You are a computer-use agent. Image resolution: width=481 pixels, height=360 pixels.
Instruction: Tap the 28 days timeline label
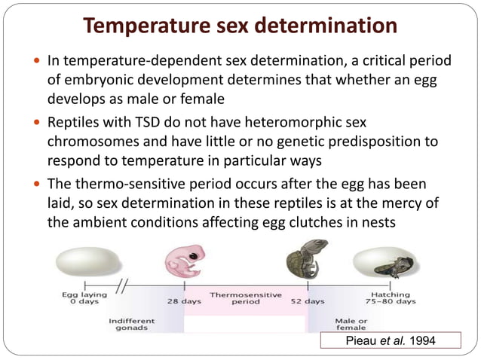pos(183,301)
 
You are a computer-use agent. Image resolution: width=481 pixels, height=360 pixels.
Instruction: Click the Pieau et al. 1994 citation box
pos(391,341)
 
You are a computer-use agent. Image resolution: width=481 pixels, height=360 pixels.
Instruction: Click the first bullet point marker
pos(38,60)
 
